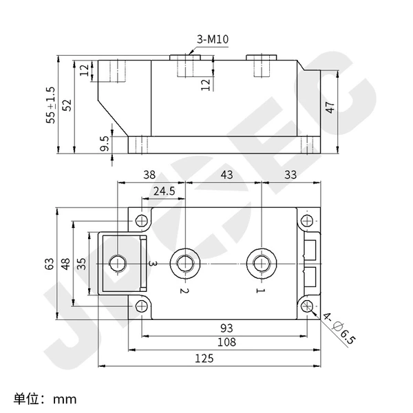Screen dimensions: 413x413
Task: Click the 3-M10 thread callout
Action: (213, 39)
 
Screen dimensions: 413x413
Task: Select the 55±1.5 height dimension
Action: (50, 105)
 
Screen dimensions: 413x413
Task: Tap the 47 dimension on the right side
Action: (330, 107)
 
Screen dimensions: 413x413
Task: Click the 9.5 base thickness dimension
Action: (105, 143)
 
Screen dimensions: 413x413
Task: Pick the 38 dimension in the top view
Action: (149, 175)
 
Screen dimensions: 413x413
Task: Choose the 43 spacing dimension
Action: (226, 175)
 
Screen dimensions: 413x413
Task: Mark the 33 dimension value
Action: (290, 175)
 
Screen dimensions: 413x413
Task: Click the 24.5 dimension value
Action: (165, 191)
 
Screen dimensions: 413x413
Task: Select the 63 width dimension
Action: (50, 264)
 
